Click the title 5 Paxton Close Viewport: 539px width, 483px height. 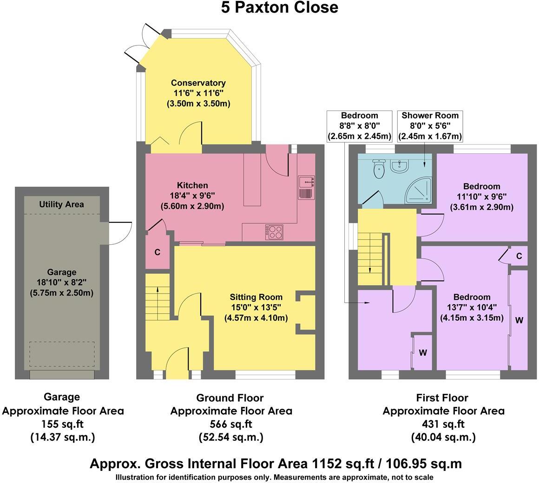pos(279,8)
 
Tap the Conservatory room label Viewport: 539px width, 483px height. pos(198,83)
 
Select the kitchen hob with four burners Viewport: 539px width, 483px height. pos(274,232)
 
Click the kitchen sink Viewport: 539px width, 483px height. pos(306,187)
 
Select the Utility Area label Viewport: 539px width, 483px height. pos(61,204)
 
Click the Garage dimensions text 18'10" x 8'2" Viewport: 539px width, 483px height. pos(62,282)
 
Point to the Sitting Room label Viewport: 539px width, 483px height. pos(256,297)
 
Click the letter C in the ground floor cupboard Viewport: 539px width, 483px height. pos(158,253)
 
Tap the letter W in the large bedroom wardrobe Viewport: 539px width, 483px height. pos(519,320)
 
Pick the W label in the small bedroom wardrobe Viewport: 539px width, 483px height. pos(423,353)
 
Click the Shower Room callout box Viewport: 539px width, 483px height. pos(430,126)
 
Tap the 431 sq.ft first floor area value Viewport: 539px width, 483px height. pos(443,424)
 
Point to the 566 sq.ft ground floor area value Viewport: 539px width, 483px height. pos(231,424)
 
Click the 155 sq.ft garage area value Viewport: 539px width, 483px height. pos(63,424)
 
